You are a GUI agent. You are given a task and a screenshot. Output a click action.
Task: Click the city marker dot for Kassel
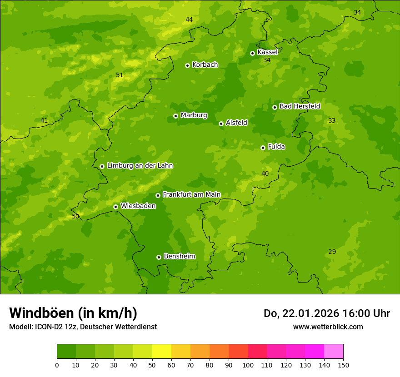point(253,53)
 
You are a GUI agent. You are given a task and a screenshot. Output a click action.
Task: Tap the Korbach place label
point(205,65)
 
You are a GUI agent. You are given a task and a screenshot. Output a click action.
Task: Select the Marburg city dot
point(175,116)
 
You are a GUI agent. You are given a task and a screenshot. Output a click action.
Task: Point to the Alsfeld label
point(236,123)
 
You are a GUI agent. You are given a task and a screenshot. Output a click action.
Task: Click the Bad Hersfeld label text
point(300,106)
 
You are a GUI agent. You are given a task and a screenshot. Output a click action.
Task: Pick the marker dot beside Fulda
point(263,148)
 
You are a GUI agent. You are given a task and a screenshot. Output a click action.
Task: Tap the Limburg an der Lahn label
point(140,166)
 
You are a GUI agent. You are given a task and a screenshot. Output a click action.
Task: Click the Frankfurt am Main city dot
point(158,195)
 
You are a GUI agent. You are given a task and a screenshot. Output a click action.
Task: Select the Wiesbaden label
point(138,206)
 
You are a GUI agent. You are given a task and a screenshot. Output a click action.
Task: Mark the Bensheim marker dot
point(159,257)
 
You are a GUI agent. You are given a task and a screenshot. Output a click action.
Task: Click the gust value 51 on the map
point(120,75)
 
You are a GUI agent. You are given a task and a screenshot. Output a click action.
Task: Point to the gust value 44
point(189,20)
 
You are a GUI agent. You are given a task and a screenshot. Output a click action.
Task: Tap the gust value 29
point(332,252)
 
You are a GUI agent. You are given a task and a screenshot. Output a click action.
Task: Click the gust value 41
point(44,120)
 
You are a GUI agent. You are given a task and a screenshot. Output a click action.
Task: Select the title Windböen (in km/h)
point(73,313)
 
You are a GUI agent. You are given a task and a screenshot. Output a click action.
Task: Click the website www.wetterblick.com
point(328,327)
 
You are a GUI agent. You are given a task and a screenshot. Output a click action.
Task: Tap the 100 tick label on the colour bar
point(248,365)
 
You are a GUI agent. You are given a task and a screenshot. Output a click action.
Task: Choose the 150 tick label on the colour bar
point(343,365)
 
